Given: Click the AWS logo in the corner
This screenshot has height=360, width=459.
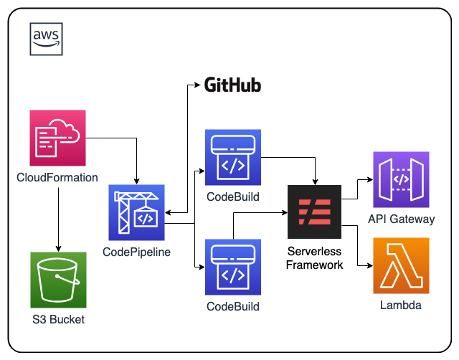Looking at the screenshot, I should pyautogui.click(x=46, y=39).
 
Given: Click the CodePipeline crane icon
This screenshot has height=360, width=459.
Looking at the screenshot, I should pyautogui.click(x=136, y=212).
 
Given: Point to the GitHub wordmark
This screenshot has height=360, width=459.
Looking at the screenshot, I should pyautogui.click(x=232, y=86).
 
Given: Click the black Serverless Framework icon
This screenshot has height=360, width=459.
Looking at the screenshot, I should pyautogui.click(x=314, y=212).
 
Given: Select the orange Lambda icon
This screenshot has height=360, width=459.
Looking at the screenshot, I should pyautogui.click(x=400, y=266).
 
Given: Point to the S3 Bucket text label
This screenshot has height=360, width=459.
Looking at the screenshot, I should pyautogui.click(x=58, y=320).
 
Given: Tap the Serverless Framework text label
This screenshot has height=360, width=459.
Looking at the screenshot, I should pyautogui.click(x=315, y=258).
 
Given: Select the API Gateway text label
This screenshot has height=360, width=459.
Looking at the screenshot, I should pyautogui.click(x=401, y=219).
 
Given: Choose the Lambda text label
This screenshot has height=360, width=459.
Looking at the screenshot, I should pyautogui.click(x=400, y=306).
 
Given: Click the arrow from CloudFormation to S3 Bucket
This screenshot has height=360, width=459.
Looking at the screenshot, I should pyautogui.click(x=58, y=215).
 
